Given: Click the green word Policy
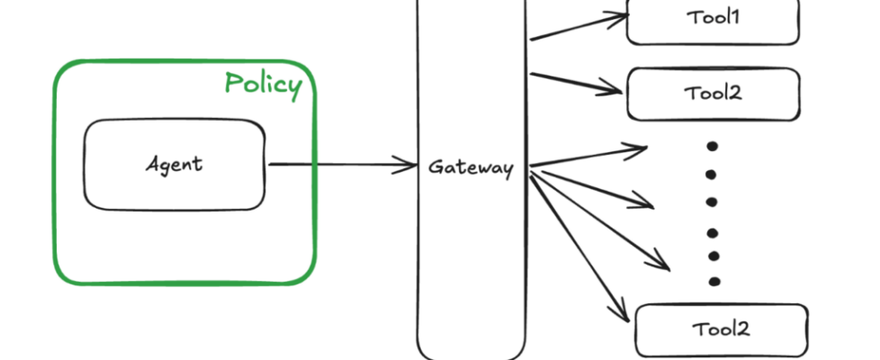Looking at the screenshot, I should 263,84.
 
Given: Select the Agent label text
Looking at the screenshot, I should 174,165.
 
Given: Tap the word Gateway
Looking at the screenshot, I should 471,167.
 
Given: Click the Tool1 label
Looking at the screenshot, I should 713,17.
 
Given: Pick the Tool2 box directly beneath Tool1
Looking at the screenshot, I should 713,94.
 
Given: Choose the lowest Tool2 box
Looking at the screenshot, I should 721,328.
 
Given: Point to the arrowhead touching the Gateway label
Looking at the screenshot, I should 410,165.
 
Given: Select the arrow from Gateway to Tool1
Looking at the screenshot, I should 576,26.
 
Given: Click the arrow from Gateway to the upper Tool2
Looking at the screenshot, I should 576,83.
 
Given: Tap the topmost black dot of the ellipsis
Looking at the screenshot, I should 713,146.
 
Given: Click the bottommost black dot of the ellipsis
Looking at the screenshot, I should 714,280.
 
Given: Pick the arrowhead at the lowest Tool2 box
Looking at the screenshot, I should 621,314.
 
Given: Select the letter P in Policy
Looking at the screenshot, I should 233,84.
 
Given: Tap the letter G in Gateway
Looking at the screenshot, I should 435,167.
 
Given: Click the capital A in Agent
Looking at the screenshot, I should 151,164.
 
